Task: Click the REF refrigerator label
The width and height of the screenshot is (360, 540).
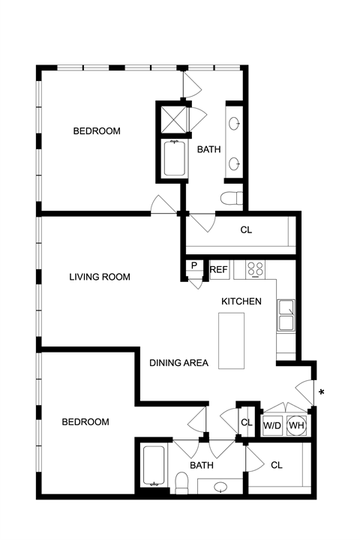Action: [x=218, y=269]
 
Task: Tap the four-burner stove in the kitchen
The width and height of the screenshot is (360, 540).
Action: [x=255, y=269]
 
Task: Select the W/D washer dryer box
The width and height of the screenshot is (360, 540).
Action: [x=272, y=425]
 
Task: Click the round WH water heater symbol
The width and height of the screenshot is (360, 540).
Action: [x=296, y=425]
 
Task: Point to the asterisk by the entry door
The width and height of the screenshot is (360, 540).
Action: [x=322, y=392]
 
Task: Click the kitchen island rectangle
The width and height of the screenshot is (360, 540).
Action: [x=232, y=340]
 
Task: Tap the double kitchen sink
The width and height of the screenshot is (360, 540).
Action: [x=286, y=316]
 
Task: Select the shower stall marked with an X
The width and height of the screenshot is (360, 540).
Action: [x=174, y=118]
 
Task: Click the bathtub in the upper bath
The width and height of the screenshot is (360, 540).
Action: [x=174, y=158]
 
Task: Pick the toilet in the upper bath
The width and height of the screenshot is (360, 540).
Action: [x=232, y=198]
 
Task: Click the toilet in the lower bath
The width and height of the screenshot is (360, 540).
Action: [x=181, y=483]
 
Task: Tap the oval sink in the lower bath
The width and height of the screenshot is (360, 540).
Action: [x=220, y=487]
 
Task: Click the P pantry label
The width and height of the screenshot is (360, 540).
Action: [x=194, y=265]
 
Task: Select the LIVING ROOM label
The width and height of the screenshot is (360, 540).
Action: [x=100, y=277]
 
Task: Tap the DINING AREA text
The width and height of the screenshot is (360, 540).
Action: [x=178, y=363]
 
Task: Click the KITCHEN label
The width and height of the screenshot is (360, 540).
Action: [x=241, y=301]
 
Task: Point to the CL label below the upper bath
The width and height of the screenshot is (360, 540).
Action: [x=246, y=229]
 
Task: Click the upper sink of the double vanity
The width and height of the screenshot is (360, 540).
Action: [x=234, y=123]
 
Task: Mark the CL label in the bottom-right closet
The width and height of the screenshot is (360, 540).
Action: [x=277, y=465]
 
